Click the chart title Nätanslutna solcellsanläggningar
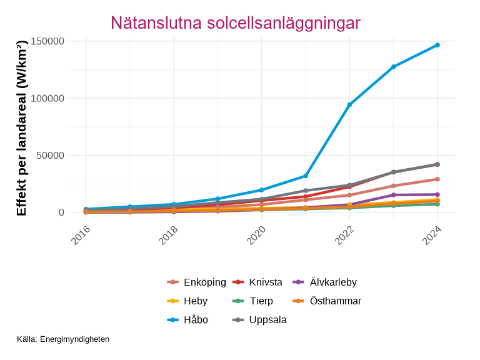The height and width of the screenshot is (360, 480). (236, 23)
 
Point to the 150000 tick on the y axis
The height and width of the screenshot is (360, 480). (47, 41)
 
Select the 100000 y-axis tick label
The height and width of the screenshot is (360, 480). (47, 98)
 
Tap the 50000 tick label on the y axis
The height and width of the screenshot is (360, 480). (50, 156)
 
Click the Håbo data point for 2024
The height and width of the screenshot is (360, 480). (437, 45)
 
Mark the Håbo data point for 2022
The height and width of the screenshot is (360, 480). (349, 104)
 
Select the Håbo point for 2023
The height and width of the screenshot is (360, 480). (394, 67)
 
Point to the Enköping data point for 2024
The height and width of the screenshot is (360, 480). (437, 179)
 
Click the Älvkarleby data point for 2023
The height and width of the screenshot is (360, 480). (394, 195)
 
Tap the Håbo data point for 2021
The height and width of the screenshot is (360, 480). (306, 176)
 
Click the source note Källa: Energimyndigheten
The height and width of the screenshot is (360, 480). (63, 339)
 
